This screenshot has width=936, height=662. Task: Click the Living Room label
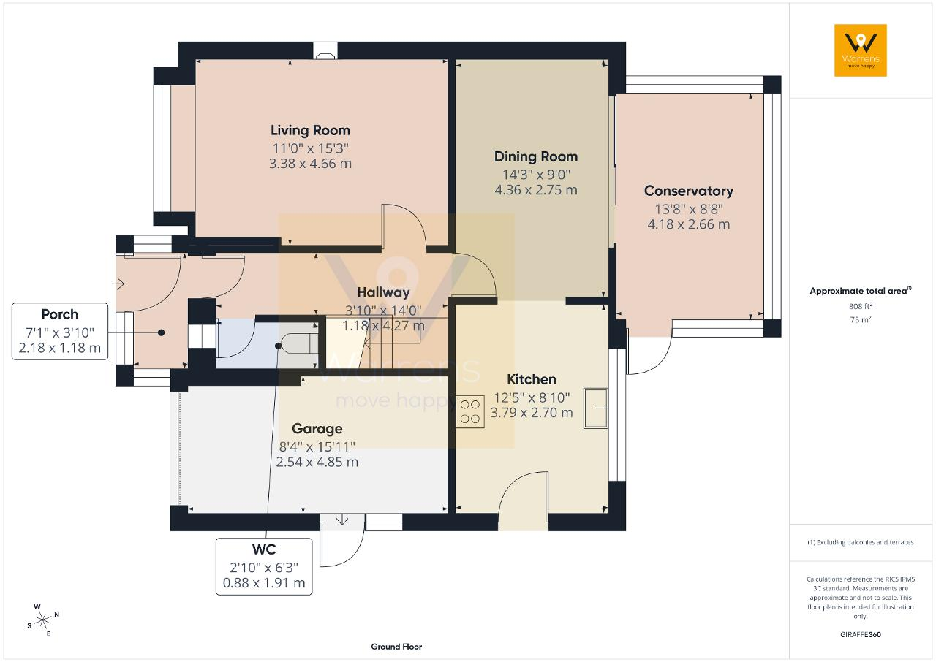pyautogui.click(x=310, y=130)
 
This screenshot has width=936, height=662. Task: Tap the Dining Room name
pyautogui.click(x=536, y=156)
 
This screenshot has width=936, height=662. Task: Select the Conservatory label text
pyautogui.click(x=688, y=191)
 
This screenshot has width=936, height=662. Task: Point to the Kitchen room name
pyautogui.click(x=532, y=379)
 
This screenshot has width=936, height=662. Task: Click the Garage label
pyautogui.click(x=317, y=429)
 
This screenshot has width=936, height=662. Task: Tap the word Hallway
pyautogui.click(x=383, y=292)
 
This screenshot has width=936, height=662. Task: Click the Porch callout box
pyautogui.click(x=60, y=332)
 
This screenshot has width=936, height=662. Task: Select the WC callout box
pyautogui.click(x=264, y=566)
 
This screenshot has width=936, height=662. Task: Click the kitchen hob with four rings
pyautogui.click(x=469, y=412)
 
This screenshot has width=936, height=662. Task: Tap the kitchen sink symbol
pyautogui.click(x=596, y=408)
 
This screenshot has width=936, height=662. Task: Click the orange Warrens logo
pyautogui.click(x=861, y=50)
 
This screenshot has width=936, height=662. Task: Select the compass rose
pyautogui.click(x=42, y=620)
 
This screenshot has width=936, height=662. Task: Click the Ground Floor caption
pyautogui.click(x=396, y=647)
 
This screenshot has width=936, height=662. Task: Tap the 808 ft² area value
pyautogui.click(x=861, y=306)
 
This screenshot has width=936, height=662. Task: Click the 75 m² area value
pyautogui.click(x=861, y=319)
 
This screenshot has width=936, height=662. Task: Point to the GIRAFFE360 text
pyautogui.click(x=861, y=634)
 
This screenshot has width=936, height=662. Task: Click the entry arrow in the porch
pyautogui.click(x=118, y=284)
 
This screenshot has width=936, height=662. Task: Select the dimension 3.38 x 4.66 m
pyautogui.click(x=310, y=163)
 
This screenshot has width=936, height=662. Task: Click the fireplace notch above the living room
pyautogui.click(x=325, y=50)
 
